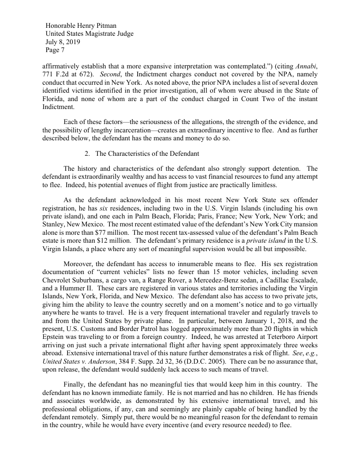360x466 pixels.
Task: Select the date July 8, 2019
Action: [x=63, y=42]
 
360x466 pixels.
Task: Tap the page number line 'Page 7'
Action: [x=55, y=51]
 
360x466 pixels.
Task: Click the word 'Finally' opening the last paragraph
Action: [x=75, y=384]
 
